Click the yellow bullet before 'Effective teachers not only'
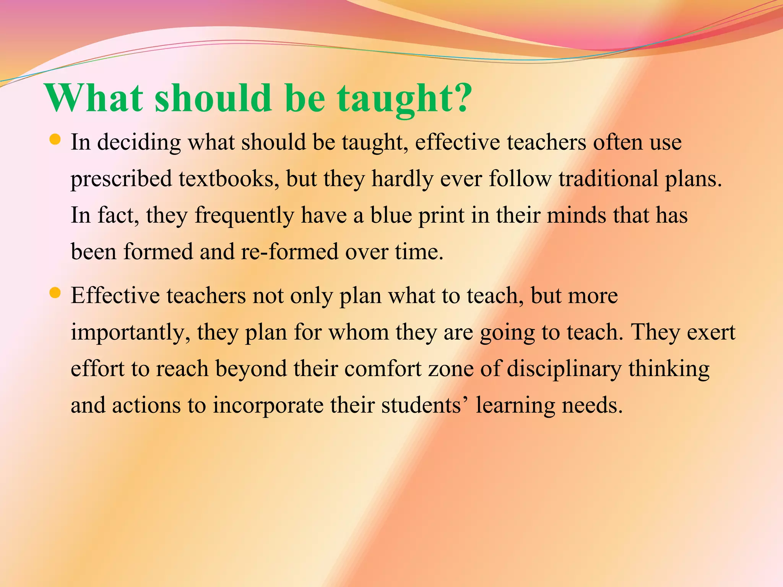coord(55,293)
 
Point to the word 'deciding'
coord(139,143)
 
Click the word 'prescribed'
coord(121,179)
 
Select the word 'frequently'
coord(244,216)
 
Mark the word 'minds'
coord(576,215)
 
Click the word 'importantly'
coord(130,332)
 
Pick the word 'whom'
coord(359,332)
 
